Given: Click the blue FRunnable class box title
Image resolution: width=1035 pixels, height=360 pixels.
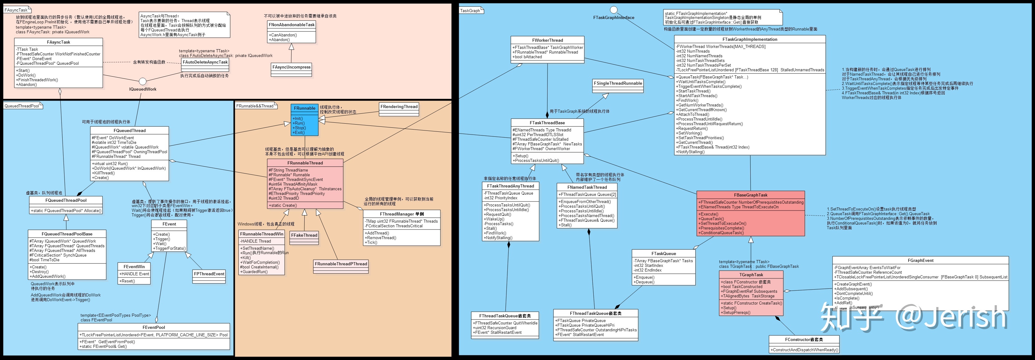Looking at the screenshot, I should pos(305,108).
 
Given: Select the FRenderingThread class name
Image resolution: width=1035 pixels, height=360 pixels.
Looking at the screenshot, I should pos(399,107).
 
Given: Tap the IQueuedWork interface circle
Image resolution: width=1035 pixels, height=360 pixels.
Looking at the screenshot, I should pos(143,82).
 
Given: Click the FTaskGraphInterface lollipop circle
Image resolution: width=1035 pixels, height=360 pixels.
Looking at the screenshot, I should pos(614,10).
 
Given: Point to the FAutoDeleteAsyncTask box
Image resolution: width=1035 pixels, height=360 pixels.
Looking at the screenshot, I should pos(205,62).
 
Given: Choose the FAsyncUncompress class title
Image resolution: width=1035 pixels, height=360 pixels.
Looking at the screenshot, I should pos(291,67).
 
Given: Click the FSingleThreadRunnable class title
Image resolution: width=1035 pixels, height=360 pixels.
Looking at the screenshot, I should pos(618,83).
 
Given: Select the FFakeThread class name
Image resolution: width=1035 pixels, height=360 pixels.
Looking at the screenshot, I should pos(304,235).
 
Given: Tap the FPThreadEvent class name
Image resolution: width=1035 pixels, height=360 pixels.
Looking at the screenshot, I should pos(209,274).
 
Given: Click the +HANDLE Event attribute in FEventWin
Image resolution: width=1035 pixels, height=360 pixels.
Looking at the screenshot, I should pos(134,274).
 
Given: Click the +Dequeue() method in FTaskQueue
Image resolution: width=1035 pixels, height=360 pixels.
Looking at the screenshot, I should pos(644,282).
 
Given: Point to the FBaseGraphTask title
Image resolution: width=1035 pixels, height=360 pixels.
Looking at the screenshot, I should pos(751,195).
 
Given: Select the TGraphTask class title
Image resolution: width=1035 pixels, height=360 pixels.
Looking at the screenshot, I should pos(751,275).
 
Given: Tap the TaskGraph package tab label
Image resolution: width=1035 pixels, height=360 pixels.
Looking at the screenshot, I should pos(470,11).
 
